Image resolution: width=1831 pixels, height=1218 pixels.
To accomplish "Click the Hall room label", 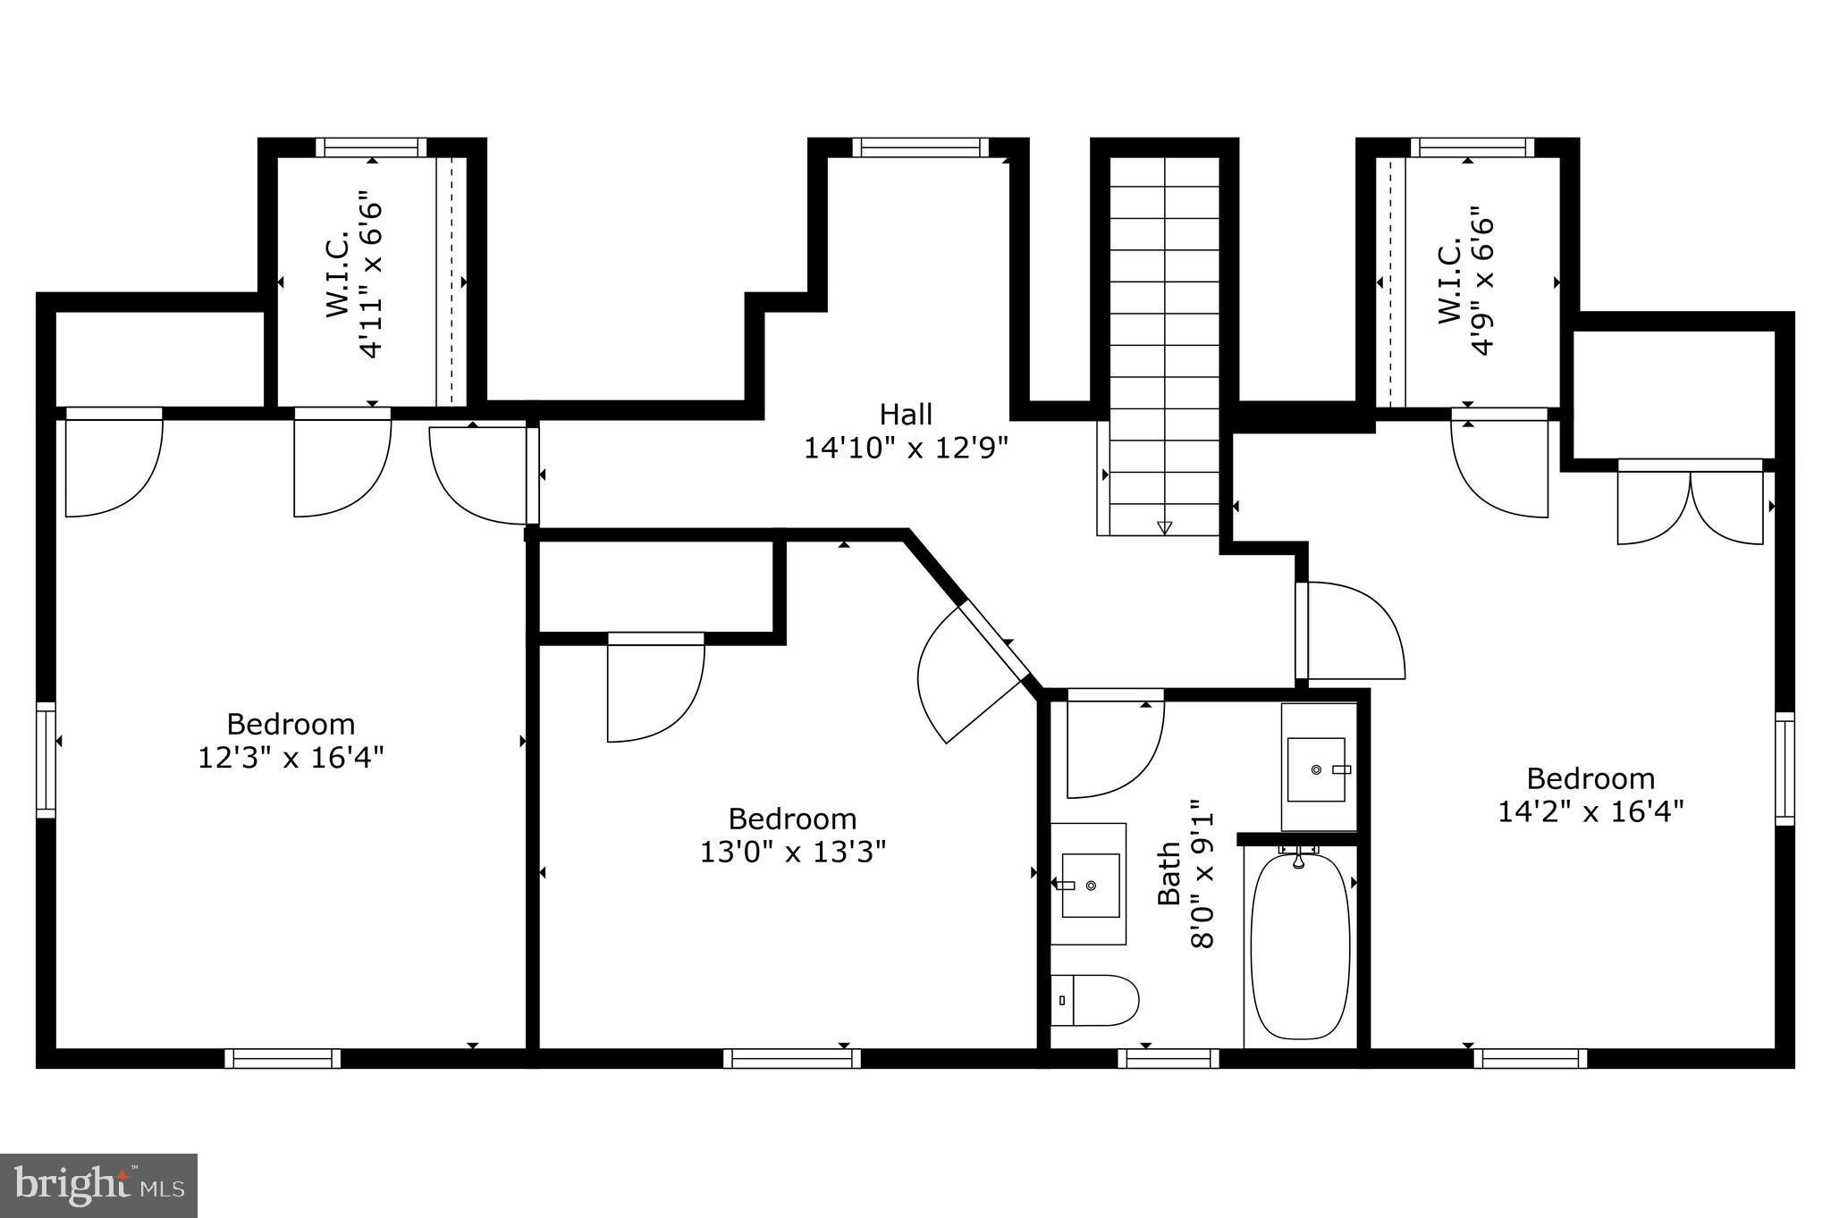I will (x=906, y=414).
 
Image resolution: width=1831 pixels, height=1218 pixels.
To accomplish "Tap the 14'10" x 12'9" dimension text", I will (x=906, y=448).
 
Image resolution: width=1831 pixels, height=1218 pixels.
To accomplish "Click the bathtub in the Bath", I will (x=1300, y=947).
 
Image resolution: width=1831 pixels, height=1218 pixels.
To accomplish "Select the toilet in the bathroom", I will (x=1095, y=1000).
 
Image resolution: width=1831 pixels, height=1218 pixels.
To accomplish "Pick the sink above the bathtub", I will (x=1316, y=769).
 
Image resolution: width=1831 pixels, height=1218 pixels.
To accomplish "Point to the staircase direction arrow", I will (x=1164, y=527).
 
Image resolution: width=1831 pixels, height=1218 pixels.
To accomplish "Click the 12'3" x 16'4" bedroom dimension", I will (x=291, y=758).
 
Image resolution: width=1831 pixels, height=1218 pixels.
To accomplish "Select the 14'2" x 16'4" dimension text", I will (x=1591, y=811).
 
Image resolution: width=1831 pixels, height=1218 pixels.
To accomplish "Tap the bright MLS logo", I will (x=98, y=1185).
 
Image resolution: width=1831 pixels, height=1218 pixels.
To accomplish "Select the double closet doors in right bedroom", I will (x=1690, y=505).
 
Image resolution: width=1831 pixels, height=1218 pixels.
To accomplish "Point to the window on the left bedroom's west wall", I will (x=46, y=760).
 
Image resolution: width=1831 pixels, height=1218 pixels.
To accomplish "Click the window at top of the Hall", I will (x=920, y=147).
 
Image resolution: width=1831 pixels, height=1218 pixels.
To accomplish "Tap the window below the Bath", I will (x=1169, y=1058).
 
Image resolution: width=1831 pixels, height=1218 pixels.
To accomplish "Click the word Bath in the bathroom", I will (x=1169, y=873).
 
